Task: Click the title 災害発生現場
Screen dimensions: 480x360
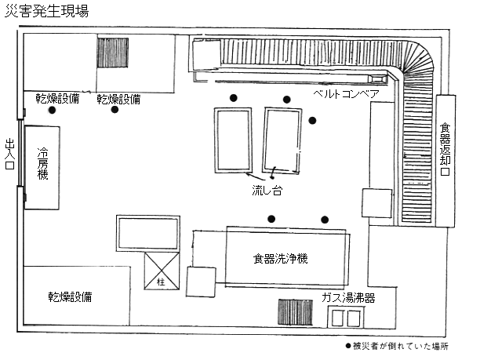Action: [x=47, y=11]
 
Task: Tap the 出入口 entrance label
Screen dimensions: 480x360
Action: [x=10, y=154]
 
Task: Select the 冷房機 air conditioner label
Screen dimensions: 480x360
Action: [x=42, y=163]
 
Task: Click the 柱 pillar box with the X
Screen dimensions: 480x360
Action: [x=162, y=271]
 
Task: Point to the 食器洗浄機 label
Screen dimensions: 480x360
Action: [x=280, y=259]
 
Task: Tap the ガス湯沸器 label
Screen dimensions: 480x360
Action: [x=348, y=297]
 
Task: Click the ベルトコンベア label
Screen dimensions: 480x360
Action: [x=346, y=93]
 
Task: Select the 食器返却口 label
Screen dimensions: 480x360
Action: [x=445, y=149]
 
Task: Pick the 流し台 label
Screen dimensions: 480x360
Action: [x=267, y=190]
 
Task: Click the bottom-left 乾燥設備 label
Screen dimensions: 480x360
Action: [x=70, y=296]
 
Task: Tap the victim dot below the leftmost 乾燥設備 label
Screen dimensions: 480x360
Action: [x=52, y=110]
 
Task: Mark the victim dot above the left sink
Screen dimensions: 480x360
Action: [x=234, y=98]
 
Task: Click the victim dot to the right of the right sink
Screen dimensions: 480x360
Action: [x=312, y=121]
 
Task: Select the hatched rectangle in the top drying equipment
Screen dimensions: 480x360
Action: [x=113, y=53]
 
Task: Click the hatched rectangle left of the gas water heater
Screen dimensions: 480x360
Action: [x=296, y=312]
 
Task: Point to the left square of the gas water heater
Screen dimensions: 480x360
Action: [x=338, y=318]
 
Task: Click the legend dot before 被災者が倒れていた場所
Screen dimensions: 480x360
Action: [x=348, y=346]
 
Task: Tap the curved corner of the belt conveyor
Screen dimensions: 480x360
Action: [x=418, y=58]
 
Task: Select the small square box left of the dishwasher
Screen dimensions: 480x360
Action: [x=201, y=282]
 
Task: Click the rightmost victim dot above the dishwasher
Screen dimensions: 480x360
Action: [x=325, y=220]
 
